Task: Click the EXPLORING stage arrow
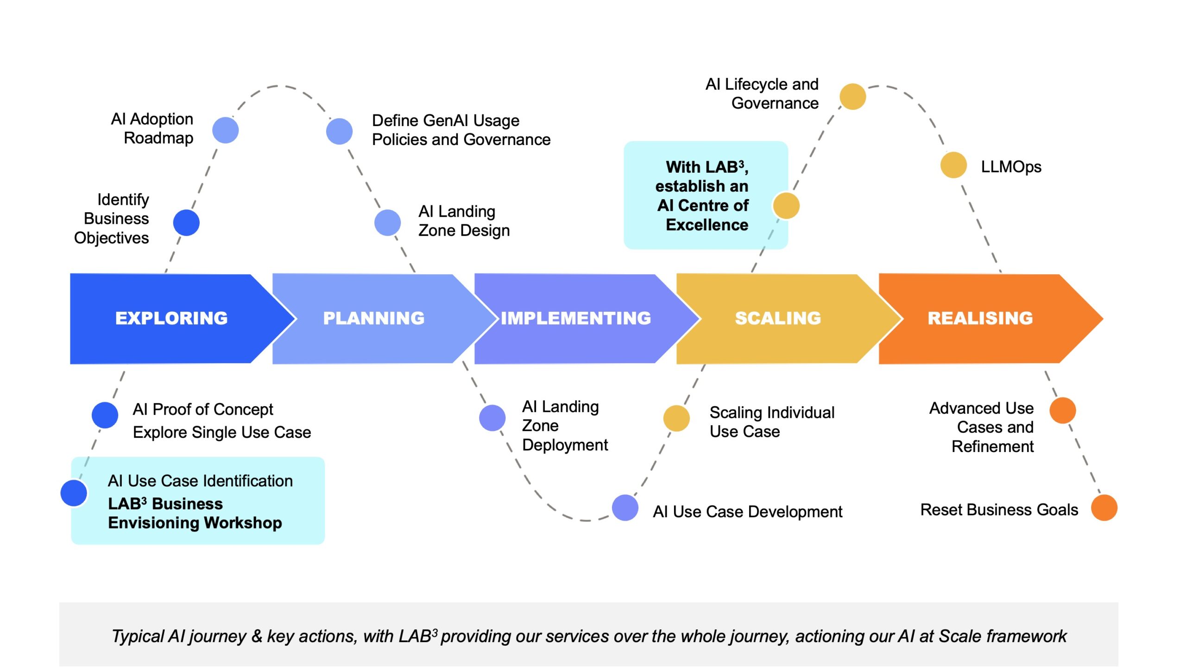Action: [171, 318]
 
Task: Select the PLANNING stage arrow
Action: [373, 318]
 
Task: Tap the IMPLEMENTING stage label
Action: [576, 318]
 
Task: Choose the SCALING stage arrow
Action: [778, 318]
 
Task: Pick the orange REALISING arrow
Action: [980, 318]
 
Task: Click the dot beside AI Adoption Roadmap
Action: [226, 130]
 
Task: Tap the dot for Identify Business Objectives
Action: [186, 223]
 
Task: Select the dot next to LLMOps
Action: [953, 165]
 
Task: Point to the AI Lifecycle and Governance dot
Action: [852, 96]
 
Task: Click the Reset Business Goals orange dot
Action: [1104, 508]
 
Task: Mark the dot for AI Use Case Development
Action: [625, 508]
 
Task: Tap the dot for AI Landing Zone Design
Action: [387, 223]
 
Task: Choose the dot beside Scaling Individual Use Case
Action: [676, 418]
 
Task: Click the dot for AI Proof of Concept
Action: [105, 415]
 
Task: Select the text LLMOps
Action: [1011, 167]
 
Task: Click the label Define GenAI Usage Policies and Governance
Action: [461, 130]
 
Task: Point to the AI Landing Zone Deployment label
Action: [565, 426]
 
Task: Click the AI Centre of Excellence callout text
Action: [702, 196]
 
